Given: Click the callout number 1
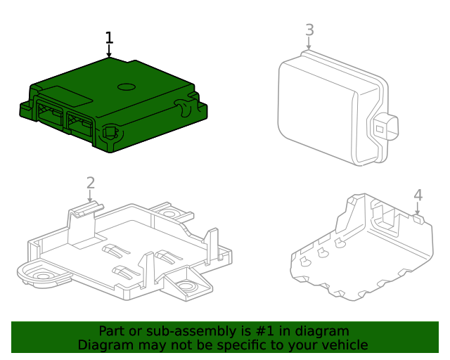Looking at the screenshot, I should click(x=108, y=38).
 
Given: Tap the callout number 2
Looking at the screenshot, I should click(x=90, y=183).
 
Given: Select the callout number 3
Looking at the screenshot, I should click(x=309, y=30).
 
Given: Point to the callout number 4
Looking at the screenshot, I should click(x=418, y=195).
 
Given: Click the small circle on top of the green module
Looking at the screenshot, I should click(x=127, y=87).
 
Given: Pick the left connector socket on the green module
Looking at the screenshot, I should click(x=49, y=114).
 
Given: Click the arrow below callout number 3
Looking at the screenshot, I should click(x=309, y=44).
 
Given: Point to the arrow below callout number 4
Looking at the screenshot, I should click(x=418, y=208).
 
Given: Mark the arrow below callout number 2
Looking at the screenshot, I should click(x=90, y=198).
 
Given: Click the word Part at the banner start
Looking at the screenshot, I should click(x=112, y=331).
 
